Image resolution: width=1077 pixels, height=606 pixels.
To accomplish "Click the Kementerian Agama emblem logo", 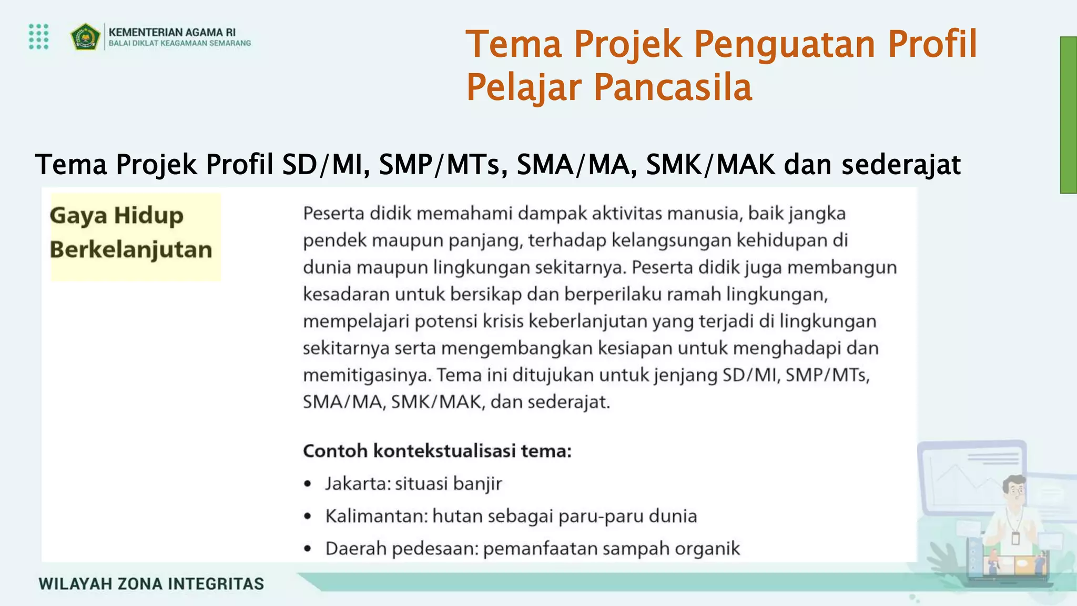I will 85,37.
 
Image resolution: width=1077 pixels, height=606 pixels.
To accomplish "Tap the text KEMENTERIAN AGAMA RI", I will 172,32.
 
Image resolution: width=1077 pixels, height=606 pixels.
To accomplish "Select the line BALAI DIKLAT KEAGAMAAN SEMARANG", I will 179,44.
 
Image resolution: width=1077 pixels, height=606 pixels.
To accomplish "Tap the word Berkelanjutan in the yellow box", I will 131,249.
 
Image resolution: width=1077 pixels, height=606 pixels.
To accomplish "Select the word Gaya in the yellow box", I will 78,216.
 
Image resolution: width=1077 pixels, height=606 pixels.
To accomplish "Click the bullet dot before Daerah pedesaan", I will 308,549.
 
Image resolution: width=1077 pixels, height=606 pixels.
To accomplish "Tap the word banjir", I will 477,483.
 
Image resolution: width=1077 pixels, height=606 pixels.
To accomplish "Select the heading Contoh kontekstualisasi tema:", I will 437,451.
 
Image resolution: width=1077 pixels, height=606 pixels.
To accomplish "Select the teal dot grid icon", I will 39,36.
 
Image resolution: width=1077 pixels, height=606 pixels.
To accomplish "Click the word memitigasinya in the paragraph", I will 367,375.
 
